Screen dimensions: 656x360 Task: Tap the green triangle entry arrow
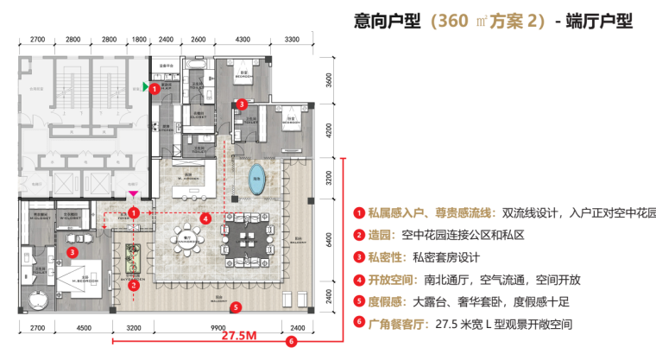(146, 87)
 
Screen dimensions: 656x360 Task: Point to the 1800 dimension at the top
(139, 40)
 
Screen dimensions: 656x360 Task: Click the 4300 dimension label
(243, 40)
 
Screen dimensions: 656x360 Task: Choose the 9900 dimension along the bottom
(218, 328)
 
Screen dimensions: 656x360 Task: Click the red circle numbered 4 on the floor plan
(205, 219)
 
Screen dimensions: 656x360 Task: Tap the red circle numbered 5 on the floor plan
(236, 305)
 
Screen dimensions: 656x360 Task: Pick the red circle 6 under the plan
(291, 341)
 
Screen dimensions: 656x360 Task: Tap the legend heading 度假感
(384, 302)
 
